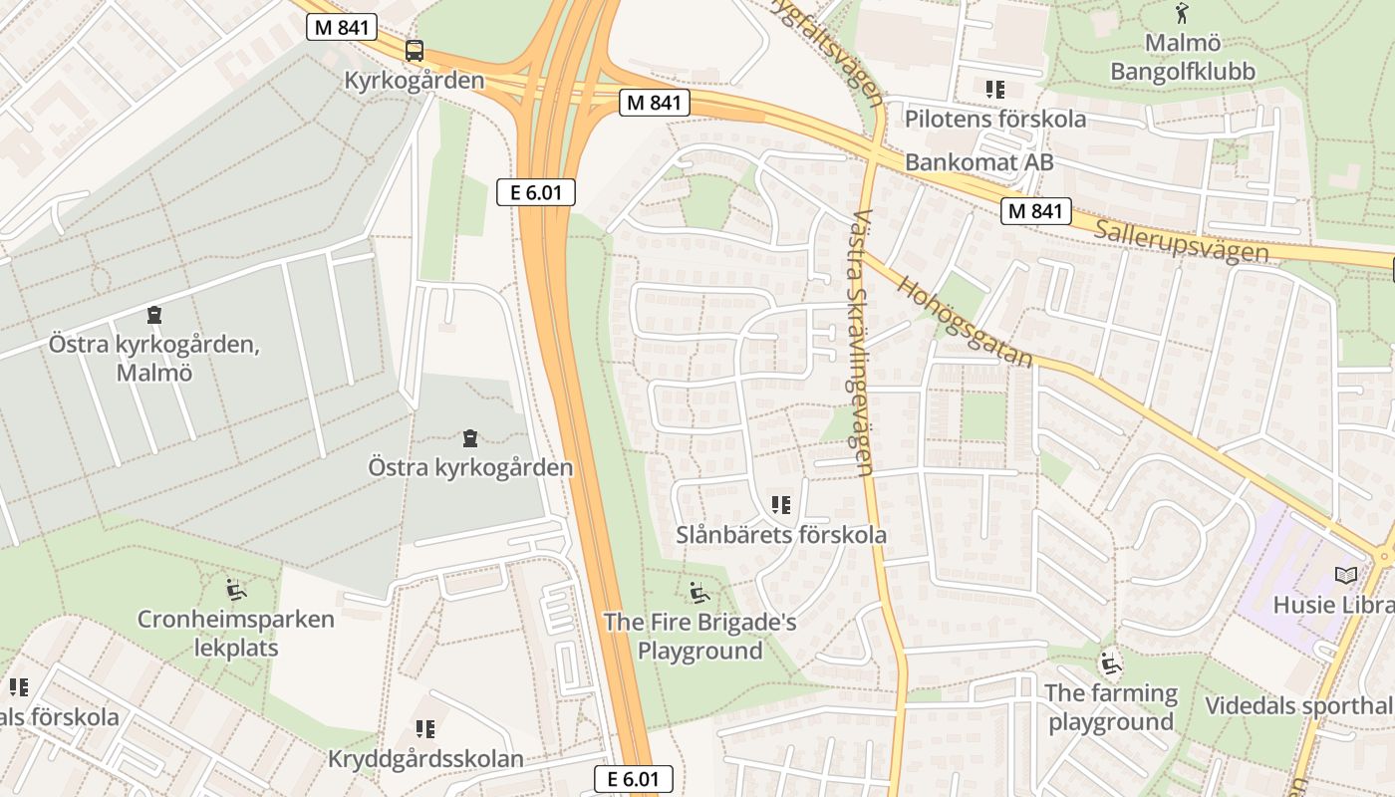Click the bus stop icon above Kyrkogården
pos(414,51)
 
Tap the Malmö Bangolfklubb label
pos(1183,58)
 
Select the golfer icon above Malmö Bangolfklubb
pos(1182,14)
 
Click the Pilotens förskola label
pos(994,120)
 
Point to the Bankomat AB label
pos(978,162)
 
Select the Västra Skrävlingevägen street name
pos(863,342)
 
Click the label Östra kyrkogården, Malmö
pos(154,359)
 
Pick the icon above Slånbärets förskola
pos(781,505)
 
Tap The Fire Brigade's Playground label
pos(699,637)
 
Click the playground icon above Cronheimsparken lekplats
pos(235,590)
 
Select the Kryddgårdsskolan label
pos(425,759)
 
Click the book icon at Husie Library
pos(1345,576)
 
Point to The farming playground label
pos(1111,707)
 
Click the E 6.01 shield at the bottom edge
pos(633,779)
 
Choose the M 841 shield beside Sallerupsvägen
pos(1037,211)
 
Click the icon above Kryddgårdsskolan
pos(425,729)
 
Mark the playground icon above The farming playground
pos(1110,663)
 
